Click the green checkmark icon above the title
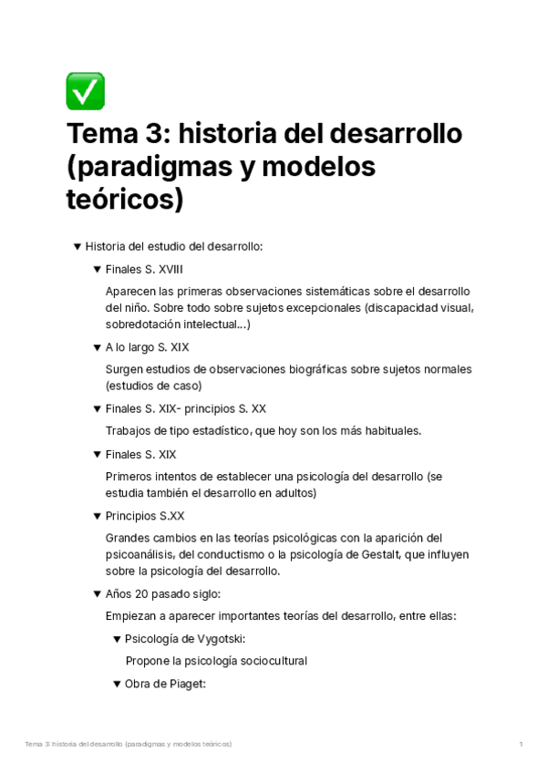click(86, 91)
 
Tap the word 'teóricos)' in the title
click(125, 200)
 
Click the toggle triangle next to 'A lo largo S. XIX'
click(97, 347)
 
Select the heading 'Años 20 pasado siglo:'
click(163, 593)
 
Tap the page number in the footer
click(521, 745)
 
